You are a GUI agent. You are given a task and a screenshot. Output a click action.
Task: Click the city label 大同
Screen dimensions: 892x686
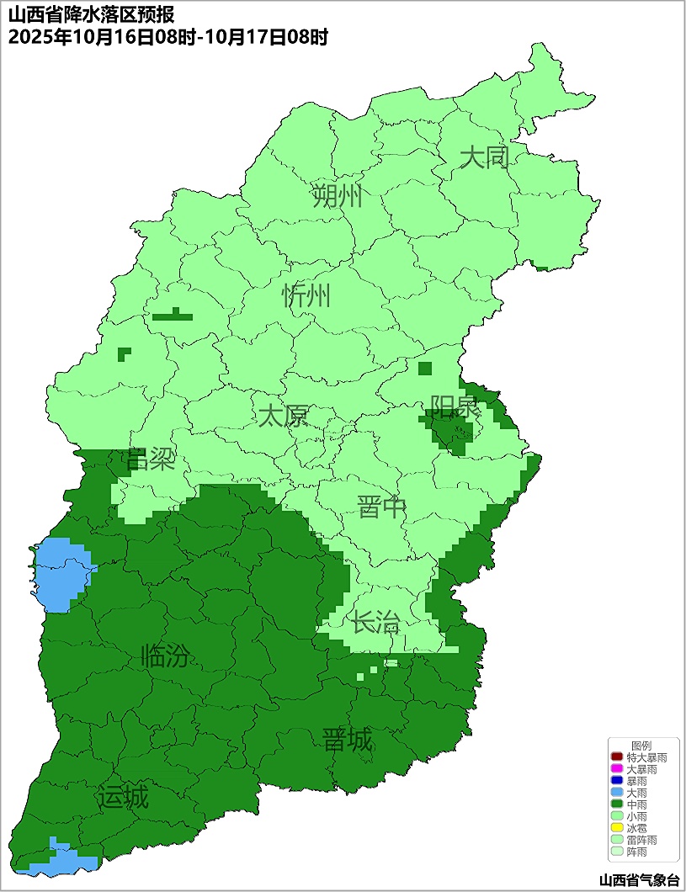point(485,157)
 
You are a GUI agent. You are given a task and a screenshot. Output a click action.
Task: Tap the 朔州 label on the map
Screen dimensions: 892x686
point(337,197)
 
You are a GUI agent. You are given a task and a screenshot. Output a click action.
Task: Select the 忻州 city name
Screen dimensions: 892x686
point(306,296)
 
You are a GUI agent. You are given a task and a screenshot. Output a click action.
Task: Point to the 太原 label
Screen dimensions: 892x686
point(283,416)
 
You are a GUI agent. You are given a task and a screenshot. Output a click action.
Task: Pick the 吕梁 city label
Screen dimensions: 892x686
point(150,459)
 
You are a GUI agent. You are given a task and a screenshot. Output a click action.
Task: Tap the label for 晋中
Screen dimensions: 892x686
point(381,507)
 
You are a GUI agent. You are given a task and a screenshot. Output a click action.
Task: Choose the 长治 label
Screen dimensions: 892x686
point(375,624)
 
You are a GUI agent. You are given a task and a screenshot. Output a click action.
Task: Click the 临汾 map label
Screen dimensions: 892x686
point(165,656)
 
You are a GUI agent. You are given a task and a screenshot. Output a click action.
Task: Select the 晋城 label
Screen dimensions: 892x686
point(347,741)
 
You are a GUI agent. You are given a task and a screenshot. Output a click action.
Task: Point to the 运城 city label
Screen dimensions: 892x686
point(122,797)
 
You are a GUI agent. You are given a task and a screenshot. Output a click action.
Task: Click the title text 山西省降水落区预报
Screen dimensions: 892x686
point(92,15)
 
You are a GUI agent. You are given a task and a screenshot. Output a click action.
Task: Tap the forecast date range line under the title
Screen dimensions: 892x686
point(168,37)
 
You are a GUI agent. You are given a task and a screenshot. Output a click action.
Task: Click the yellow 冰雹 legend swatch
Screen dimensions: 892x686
point(617,829)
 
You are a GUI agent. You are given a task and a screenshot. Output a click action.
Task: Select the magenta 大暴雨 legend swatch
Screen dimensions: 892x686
point(617,770)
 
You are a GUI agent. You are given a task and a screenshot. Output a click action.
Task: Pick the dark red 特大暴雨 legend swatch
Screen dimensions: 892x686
point(617,758)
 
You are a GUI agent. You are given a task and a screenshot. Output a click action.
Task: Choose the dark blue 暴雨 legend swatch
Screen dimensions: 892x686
point(617,782)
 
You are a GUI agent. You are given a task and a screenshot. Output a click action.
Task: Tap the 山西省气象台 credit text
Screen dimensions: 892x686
point(639,880)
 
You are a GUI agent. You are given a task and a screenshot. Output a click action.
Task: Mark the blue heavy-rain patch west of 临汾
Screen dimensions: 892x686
point(61,574)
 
